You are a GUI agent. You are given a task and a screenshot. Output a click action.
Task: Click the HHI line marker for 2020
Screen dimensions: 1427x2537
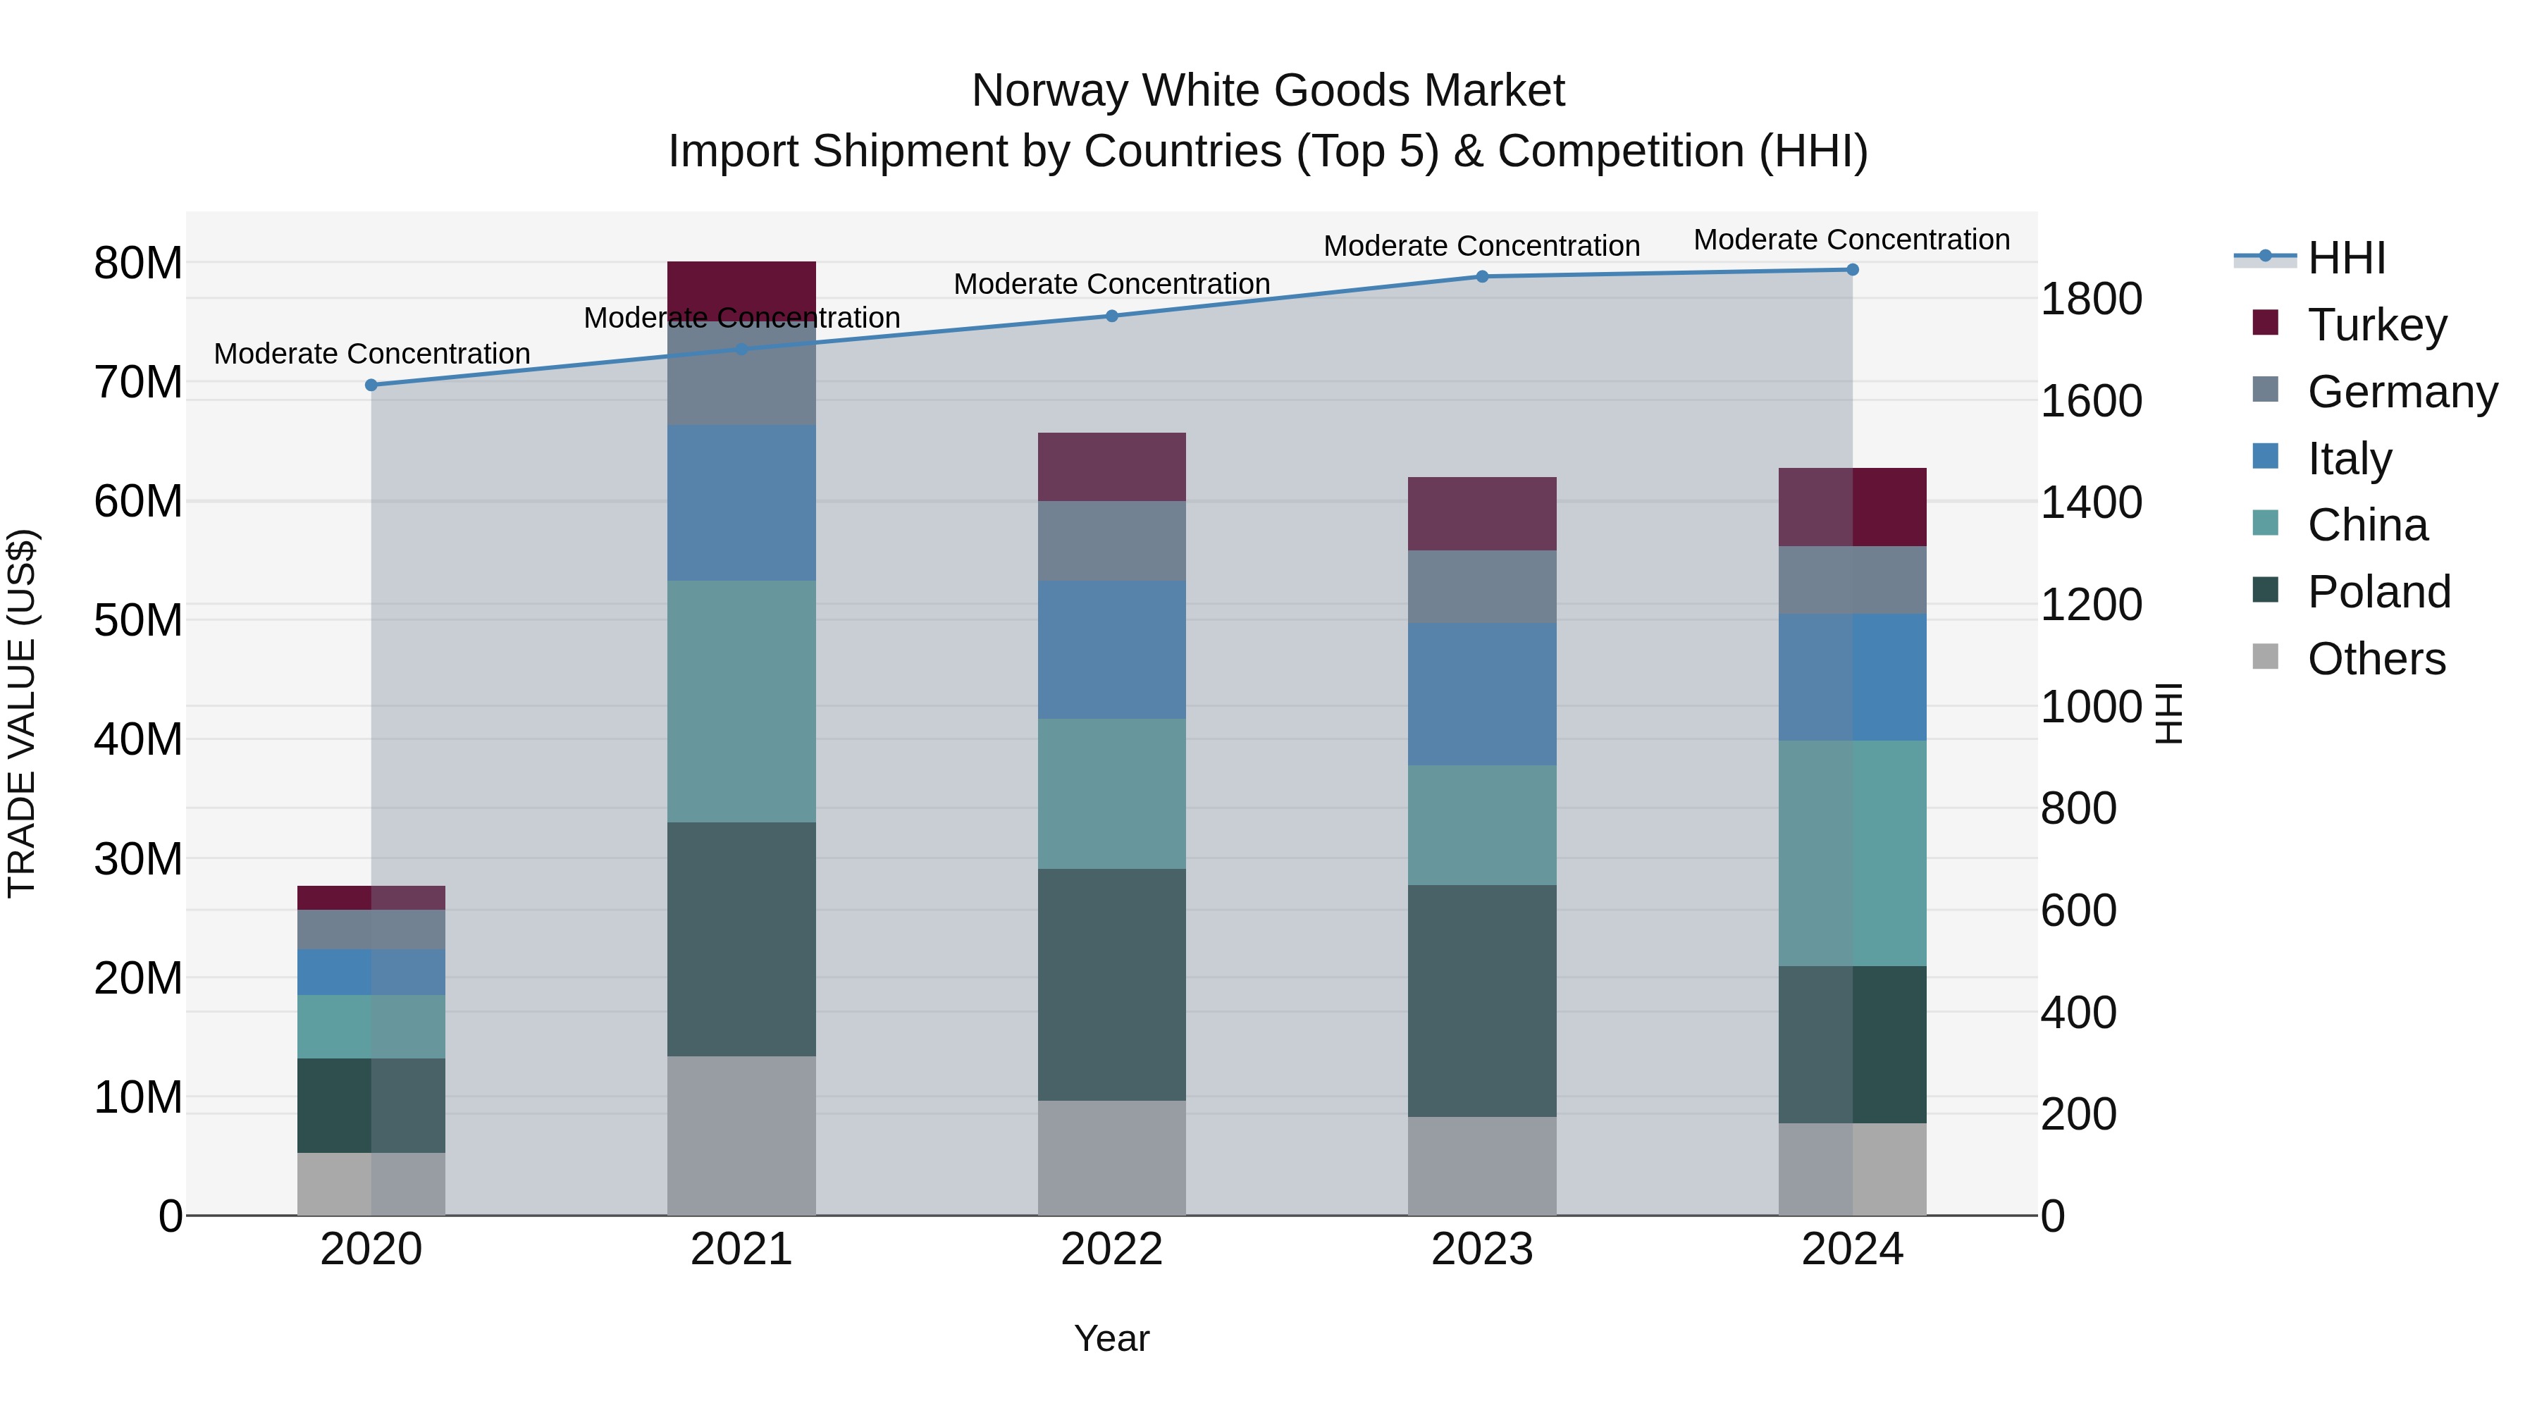[x=371, y=385]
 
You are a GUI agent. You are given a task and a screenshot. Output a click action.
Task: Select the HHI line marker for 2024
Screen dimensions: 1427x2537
[x=1853, y=270]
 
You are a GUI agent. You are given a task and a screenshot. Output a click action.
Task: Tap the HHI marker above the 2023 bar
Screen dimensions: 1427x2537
[x=1482, y=277]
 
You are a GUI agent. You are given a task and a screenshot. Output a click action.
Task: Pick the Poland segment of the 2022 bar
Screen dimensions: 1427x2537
[x=1112, y=985]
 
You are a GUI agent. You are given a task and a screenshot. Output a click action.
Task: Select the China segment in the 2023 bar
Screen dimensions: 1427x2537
[x=1482, y=825]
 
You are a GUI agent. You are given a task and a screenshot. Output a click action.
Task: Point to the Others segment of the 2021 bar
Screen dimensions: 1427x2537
[x=741, y=1135]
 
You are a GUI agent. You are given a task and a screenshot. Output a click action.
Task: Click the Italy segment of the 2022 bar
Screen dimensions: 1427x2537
[x=1112, y=649]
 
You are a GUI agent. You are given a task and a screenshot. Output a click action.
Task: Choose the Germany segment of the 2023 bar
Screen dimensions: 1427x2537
[x=1482, y=587]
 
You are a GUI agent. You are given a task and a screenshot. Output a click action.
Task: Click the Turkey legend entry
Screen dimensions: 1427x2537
[x=2376, y=325]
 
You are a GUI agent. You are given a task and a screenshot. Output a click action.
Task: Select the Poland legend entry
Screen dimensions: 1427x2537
[x=2378, y=592]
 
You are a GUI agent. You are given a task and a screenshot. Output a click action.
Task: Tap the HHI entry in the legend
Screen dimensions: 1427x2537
[x=2346, y=258]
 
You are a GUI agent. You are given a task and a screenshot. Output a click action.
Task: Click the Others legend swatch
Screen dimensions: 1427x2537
[x=2265, y=657]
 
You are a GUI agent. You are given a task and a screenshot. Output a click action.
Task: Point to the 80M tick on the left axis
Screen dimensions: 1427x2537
[x=138, y=263]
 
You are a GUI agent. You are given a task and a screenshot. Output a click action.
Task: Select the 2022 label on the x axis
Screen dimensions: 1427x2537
[x=1112, y=1249]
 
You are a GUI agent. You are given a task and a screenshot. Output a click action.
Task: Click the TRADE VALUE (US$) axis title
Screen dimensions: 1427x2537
[x=22, y=713]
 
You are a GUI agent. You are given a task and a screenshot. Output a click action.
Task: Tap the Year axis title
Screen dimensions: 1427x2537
[x=1112, y=1338]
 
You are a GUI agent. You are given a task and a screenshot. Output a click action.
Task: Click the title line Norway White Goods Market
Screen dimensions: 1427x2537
[x=1268, y=91]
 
